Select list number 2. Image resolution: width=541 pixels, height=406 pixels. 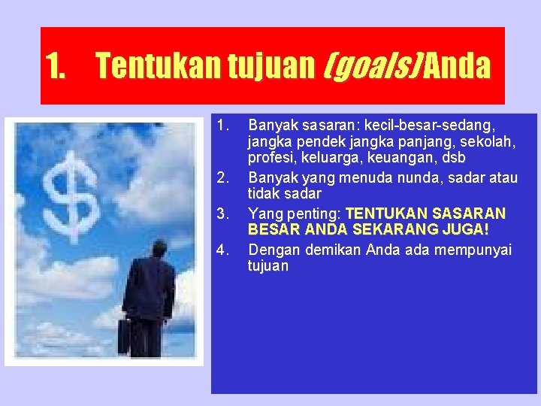coord(222,177)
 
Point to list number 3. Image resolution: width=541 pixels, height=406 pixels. coord(222,214)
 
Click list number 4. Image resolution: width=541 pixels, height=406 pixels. coord(222,249)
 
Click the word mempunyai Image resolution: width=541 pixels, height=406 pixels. coord(472,249)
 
